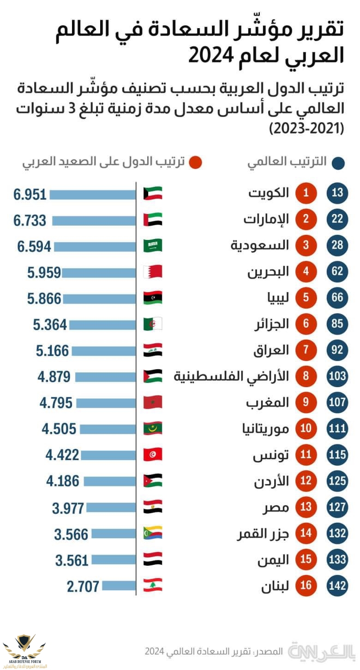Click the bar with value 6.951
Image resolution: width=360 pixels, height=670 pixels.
click(x=92, y=194)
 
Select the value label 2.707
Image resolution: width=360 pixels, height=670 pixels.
click(x=83, y=586)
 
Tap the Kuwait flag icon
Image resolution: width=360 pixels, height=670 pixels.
click(x=153, y=193)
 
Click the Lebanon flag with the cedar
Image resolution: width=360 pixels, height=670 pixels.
click(x=153, y=585)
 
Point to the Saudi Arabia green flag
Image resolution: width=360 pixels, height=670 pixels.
click(x=153, y=245)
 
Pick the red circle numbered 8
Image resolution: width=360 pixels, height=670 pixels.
click(x=306, y=376)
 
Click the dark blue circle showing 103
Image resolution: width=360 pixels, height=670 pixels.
click(x=337, y=376)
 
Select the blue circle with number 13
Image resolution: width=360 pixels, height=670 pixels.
click(x=337, y=193)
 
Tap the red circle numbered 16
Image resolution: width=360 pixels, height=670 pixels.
click(x=306, y=586)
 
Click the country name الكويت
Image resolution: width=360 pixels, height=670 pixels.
click(x=269, y=193)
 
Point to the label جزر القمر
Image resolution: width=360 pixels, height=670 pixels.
click(x=263, y=533)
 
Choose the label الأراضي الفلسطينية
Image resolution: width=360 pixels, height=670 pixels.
click(x=231, y=376)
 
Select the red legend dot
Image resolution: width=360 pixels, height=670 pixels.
click(x=196, y=162)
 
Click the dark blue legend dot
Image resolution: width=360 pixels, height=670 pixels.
click(x=339, y=162)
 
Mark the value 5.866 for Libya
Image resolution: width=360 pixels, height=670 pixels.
click(x=44, y=299)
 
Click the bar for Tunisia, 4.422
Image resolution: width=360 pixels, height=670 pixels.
click(x=109, y=455)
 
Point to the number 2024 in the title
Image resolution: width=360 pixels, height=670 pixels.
click(x=210, y=56)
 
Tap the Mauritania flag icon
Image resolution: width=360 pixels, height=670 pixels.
click(x=153, y=429)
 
